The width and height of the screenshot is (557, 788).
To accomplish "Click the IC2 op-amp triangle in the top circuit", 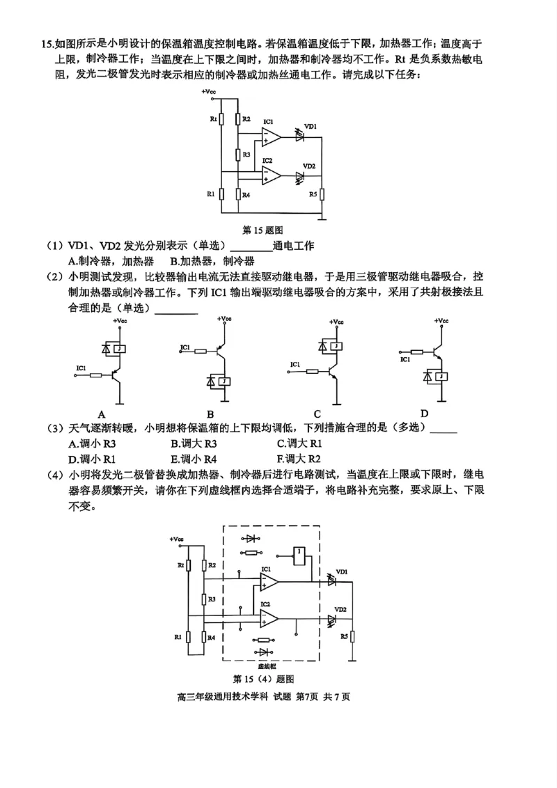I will (x=271, y=177).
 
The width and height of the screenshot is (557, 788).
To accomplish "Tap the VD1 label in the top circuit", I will (x=311, y=126).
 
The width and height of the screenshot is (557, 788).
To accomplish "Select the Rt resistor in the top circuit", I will (x=221, y=119).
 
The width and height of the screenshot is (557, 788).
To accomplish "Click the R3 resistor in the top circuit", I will (x=238, y=154).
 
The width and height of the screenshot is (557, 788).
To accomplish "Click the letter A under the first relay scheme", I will (x=102, y=413).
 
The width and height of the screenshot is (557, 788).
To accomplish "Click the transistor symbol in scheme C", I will (x=332, y=370).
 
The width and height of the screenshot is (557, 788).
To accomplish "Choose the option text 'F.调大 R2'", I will (x=299, y=459).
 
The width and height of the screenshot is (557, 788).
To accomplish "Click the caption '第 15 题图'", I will (x=261, y=229).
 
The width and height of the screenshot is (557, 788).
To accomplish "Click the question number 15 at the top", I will (x=47, y=45).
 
